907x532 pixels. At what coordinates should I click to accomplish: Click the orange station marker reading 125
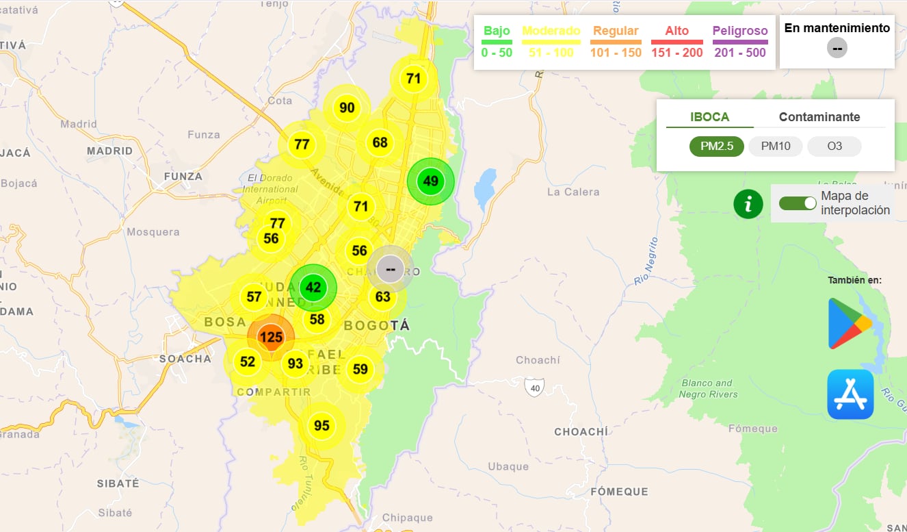pos(272,337)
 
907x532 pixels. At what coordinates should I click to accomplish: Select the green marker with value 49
pos(430,181)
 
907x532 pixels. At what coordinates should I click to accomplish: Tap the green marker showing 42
pos(313,288)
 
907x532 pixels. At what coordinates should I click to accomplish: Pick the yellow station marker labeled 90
pos(347,107)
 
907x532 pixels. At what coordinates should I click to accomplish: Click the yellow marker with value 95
pos(321,426)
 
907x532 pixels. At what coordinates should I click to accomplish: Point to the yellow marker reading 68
pos(380,143)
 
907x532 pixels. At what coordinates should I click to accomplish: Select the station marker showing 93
pos(295,364)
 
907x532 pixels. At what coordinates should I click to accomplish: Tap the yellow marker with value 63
pos(382,297)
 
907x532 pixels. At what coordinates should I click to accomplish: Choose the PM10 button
pos(775,147)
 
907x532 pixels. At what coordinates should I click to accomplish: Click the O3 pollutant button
pos(834,147)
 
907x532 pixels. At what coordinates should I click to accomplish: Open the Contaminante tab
pos(819,117)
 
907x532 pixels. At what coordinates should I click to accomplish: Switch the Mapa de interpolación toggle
pos(798,203)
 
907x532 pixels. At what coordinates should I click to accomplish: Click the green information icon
pos(748,204)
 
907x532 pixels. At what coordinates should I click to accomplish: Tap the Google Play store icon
pos(850,324)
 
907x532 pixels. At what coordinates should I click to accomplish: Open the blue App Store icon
pos(850,394)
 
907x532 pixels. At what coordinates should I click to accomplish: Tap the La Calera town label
pos(573,192)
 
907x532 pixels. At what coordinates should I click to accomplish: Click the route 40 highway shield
pos(534,388)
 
